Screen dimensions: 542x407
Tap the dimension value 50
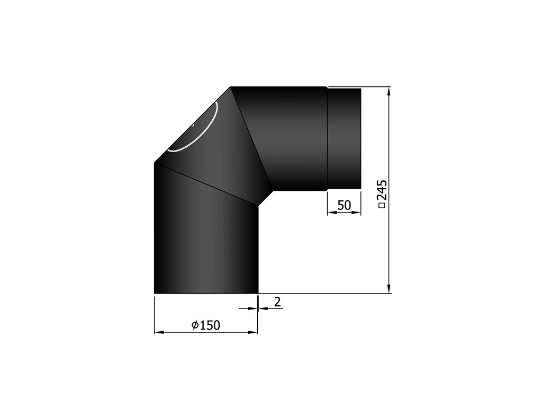click(x=344, y=205)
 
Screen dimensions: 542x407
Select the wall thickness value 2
click(x=277, y=302)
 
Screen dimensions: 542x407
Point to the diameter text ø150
click(x=206, y=325)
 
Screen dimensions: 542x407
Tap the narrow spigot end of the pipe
click(x=344, y=138)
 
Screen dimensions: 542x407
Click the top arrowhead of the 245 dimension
click(x=389, y=91)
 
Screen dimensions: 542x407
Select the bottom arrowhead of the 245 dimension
click(x=389, y=289)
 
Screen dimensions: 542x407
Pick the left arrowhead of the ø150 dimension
click(x=159, y=332)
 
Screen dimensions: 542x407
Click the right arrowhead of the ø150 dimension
click(x=253, y=332)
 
